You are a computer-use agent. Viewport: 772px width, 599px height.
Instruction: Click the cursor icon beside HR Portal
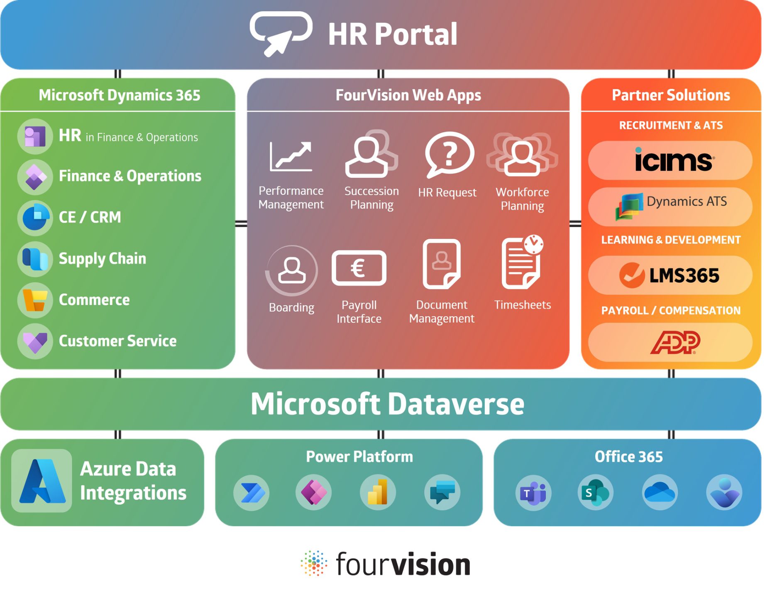tap(281, 34)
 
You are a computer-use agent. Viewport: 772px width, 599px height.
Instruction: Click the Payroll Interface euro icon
tap(359, 268)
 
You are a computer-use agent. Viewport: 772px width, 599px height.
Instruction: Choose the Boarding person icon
tap(292, 270)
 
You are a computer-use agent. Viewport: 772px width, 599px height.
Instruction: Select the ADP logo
tap(675, 342)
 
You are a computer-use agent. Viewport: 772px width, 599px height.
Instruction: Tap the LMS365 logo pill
tap(670, 275)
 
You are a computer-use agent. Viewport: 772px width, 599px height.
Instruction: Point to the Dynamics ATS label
tap(686, 201)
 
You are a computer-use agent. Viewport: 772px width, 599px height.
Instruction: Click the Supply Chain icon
tap(35, 259)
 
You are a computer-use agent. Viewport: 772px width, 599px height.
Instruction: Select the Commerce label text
tap(94, 299)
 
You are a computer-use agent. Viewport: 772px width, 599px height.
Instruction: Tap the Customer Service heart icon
tap(35, 341)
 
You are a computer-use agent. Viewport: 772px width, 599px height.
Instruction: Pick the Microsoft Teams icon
tap(533, 493)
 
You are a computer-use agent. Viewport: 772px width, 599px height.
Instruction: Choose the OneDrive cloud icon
tap(660, 493)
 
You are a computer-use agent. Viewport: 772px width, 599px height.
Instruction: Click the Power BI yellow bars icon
tap(378, 493)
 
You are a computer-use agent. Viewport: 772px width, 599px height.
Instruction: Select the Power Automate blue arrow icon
tap(252, 493)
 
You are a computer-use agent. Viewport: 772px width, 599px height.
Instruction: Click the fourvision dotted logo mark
tap(314, 564)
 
